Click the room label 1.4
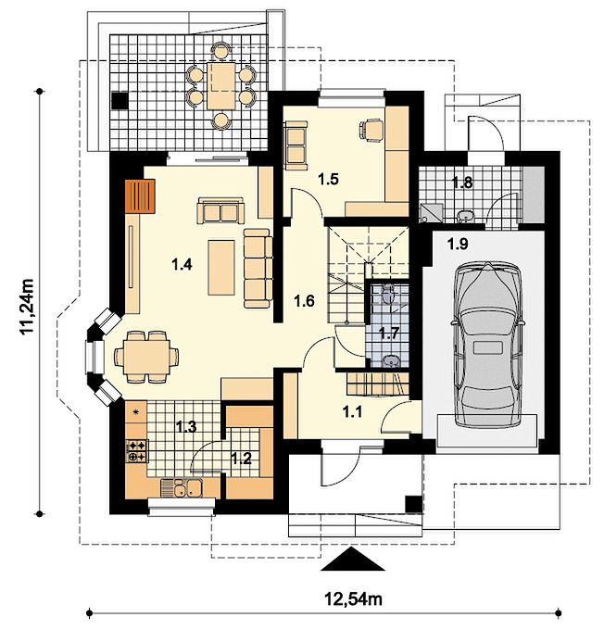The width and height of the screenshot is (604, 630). coord(182,264)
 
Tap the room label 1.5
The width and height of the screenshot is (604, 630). coord(328,179)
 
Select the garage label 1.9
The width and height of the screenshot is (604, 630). coord(459,244)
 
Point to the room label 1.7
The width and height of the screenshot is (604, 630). coord(388,333)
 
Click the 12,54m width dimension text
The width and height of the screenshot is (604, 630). coord(353,599)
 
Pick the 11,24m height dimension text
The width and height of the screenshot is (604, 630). coord(28,307)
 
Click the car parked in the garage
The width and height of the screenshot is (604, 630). coord(487,345)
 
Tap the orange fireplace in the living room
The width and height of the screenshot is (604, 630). coord(140,196)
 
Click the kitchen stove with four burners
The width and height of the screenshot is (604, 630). coord(137,451)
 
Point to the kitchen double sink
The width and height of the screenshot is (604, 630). coord(186,487)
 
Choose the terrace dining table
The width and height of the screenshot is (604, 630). coord(221,85)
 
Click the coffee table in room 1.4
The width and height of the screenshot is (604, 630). coord(221,268)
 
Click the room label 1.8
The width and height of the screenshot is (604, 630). coord(462,183)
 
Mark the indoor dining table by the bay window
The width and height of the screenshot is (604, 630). coord(146,357)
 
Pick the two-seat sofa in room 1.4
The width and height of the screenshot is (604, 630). coord(220,210)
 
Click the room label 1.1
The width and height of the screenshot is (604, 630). coord(352,411)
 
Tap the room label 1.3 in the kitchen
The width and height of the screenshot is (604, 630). coord(186,427)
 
